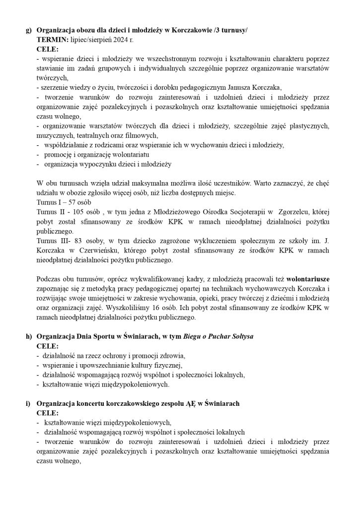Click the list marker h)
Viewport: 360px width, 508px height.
tap(28, 336)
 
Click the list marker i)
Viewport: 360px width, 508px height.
tap(28, 404)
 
